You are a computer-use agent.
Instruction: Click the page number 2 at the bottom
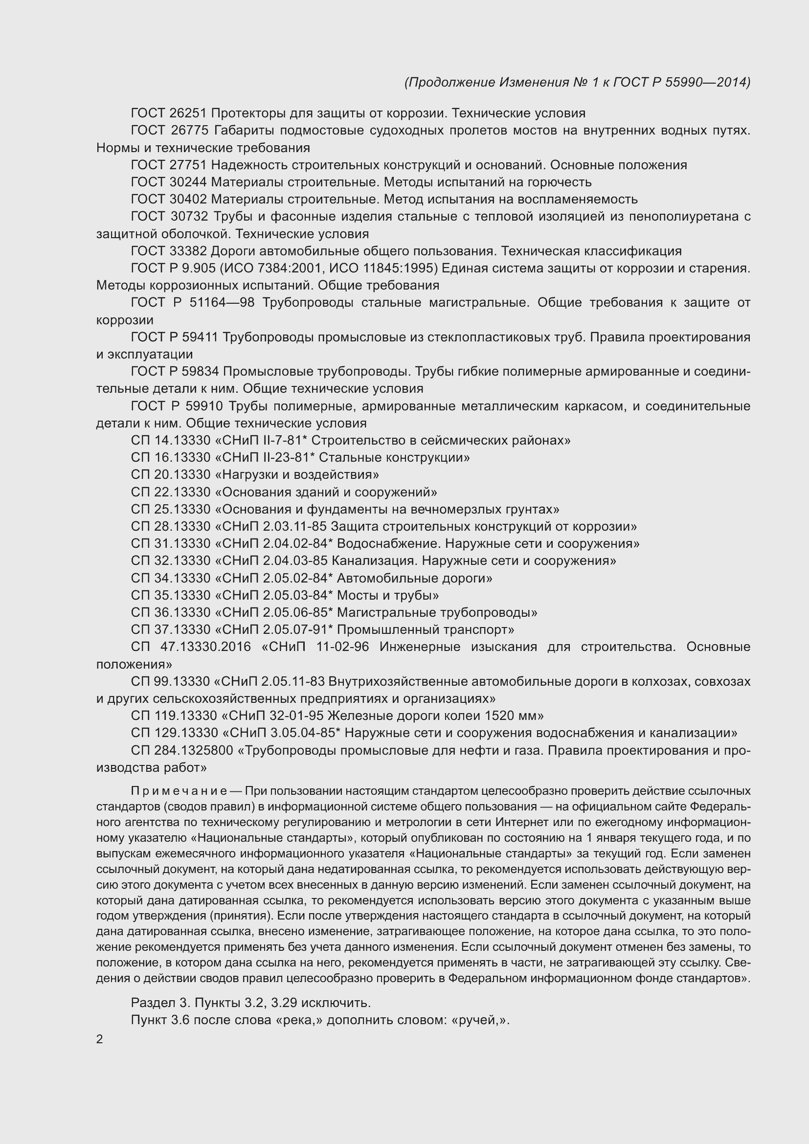pos(100,1039)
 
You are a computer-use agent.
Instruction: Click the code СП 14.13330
pos(170,441)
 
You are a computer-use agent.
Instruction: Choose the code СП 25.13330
pos(170,509)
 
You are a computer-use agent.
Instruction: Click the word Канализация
pos(374,561)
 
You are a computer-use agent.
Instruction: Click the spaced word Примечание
pos(179,791)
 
